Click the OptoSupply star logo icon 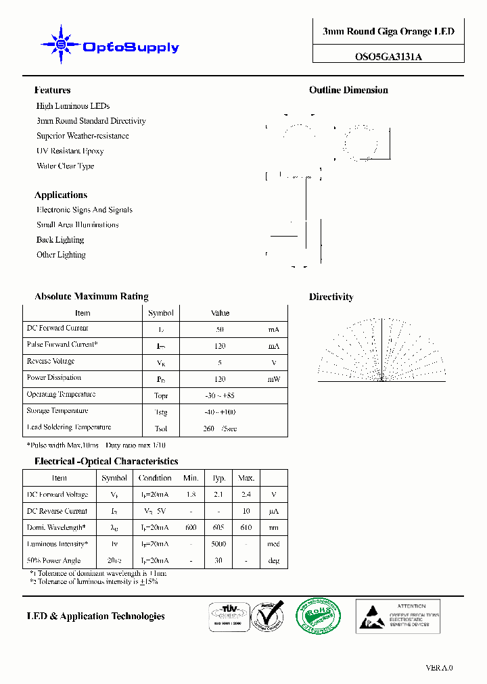coord(60,45)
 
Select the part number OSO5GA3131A coord(388,57)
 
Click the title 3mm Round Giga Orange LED coord(388,32)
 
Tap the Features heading coord(52,91)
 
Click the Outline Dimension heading coord(348,91)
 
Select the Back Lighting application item coord(60,240)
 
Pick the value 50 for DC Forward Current coord(220,330)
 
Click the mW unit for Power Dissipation coord(273,379)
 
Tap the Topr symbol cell coord(161,395)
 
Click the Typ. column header coord(219,478)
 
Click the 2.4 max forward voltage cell coord(246,495)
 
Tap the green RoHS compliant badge coord(318,617)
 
